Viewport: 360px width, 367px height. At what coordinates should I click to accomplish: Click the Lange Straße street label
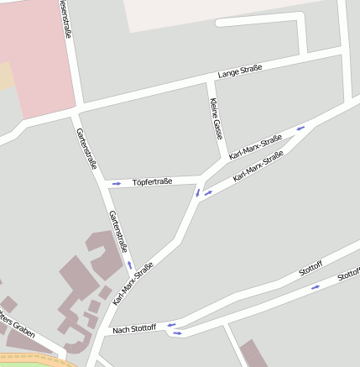pos(240,73)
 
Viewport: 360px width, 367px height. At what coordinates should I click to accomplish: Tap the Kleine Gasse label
pos(217,118)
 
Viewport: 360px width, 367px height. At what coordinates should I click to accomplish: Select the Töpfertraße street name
pos(152,181)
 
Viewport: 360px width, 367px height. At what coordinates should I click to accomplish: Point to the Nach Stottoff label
pos(133,328)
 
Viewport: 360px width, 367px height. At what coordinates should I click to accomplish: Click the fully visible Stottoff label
pos(310,270)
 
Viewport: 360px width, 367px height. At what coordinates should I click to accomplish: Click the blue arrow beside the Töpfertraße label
pos(116,182)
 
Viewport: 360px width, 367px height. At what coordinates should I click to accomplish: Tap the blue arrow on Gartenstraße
pos(130,265)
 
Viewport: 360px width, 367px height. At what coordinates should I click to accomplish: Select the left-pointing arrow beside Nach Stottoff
pos(170,325)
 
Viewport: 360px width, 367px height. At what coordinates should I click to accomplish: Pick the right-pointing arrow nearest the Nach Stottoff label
pos(177,333)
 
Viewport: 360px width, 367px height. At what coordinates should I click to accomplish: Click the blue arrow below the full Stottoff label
pos(316,287)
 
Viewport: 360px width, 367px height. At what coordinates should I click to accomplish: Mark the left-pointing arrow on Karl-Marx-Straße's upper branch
pos(300,128)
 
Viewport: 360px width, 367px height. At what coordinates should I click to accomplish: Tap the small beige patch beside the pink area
pos(6,76)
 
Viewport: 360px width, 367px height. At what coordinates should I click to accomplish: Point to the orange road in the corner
pos(34,359)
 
